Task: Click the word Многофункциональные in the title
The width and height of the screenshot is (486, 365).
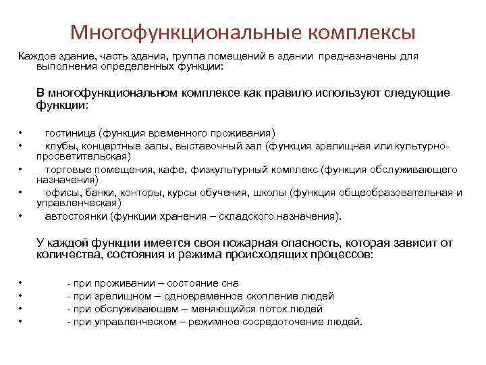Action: click(184, 32)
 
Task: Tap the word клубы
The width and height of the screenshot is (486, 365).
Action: click(59, 145)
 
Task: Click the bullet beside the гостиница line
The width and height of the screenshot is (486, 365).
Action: click(22, 132)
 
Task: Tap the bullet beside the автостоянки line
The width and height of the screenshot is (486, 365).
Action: click(22, 217)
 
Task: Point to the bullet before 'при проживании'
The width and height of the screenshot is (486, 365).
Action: click(22, 283)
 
